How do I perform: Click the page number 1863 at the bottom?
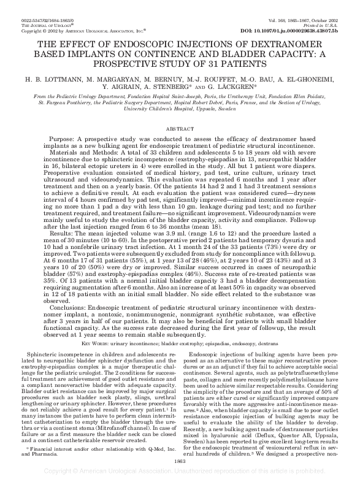click(x=180, y=460)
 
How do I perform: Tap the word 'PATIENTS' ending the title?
click(x=243, y=63)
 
